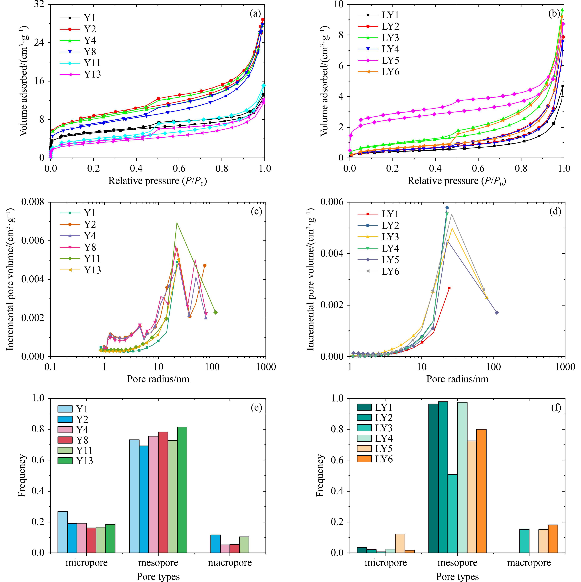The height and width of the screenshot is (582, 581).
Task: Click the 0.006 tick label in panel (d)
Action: point(332,202)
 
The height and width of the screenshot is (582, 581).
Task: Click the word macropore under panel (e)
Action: point(230,563)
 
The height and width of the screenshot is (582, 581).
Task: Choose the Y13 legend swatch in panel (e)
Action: point(65,461)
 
